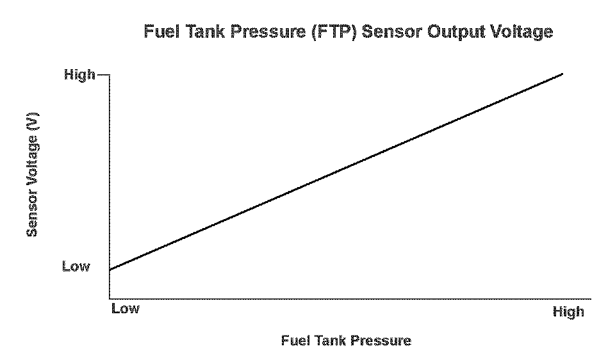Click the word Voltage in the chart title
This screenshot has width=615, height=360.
tap(521, 32)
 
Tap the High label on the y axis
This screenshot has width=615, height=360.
tap(80, 75)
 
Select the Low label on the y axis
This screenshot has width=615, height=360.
tap(76, 266)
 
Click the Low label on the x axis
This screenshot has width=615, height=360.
tap(125, 309)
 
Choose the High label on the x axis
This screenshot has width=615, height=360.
tap(568, 312)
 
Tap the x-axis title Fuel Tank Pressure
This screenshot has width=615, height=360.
tap(346, 340)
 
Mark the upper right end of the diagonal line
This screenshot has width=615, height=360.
tap(562, 74)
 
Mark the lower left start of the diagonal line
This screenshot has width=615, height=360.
tap(110, 270)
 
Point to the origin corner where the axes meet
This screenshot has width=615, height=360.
tap(110, 299)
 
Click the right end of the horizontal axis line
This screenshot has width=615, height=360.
tap(590, 299)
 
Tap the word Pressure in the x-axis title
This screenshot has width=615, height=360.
tap(382, 340)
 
